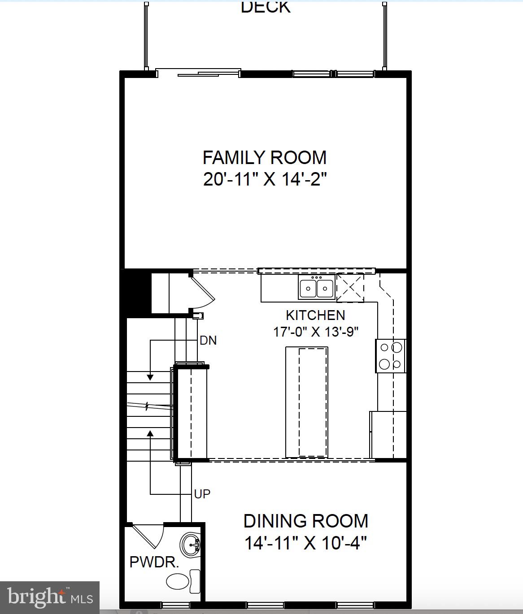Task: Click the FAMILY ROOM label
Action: (x=265, y=158)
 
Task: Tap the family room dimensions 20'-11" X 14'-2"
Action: (x=265, y=180)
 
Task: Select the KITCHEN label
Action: (x=315, y=316)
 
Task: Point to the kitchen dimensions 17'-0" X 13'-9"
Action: (x=316, y=332)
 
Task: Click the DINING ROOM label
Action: (x=306, y=521)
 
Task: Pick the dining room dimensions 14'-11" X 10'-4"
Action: (x=305, y=543)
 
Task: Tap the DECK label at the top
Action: (x=266, y=7)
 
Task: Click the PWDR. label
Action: (x=154, y=562)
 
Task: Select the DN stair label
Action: (x=208, y=341)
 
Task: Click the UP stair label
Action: (x=202, y=494)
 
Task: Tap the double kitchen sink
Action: (x=317, y=288)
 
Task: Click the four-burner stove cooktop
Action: (x=390, y=356)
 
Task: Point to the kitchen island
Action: (x=306, y=402)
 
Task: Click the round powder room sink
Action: (x=191, y=545)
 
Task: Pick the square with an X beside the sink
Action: (x=350, y=287)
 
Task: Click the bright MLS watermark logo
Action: (x=50, y=597)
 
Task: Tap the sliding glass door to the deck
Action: (x=198, y=74)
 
